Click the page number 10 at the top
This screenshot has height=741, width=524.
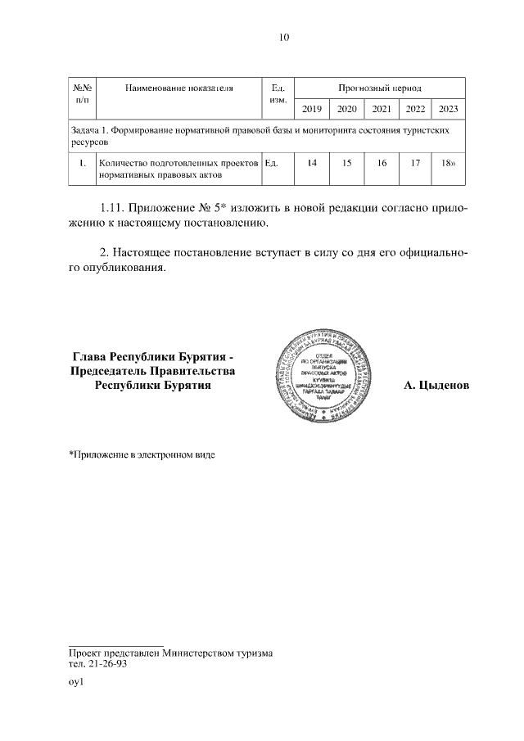coord(284,37)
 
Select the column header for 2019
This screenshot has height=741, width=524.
coord(312,109)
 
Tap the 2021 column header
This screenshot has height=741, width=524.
coord(381,109)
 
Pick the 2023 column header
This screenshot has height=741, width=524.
coord(449,109)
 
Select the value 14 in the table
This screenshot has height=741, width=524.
coord(312,163)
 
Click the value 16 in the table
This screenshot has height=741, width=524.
coord(382,163)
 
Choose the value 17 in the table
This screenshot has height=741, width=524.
coord(415,163)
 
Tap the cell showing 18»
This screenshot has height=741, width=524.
coord(448,163)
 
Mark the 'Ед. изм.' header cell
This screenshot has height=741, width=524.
coord(277,92)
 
